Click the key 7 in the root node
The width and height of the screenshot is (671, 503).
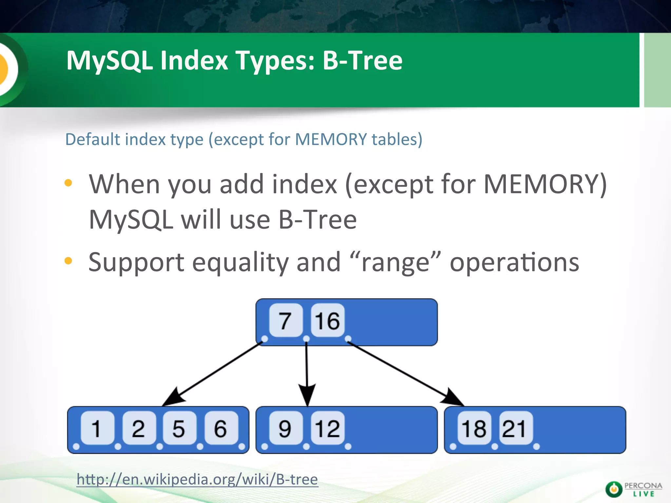(285, 320)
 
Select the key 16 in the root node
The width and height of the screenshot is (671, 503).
(327, 320)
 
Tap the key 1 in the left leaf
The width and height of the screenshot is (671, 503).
(97, 428)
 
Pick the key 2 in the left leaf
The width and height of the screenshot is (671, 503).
(139, 428)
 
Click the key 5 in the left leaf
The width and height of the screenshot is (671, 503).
(179, 428)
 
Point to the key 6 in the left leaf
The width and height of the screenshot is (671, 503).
(221, 428)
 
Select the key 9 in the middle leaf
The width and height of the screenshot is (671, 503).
(285, 428)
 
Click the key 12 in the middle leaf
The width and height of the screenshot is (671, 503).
(327, 428)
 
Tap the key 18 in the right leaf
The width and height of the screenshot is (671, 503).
(474, 428)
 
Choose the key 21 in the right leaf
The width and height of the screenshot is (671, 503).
(515, 428)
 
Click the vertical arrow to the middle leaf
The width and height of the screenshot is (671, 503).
(307, 370)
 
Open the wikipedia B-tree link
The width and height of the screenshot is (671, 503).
(197, 479)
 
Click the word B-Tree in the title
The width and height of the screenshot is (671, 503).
(362, 61)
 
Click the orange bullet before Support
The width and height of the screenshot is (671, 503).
(68, 261)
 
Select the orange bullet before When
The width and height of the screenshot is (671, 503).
(68, 183)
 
